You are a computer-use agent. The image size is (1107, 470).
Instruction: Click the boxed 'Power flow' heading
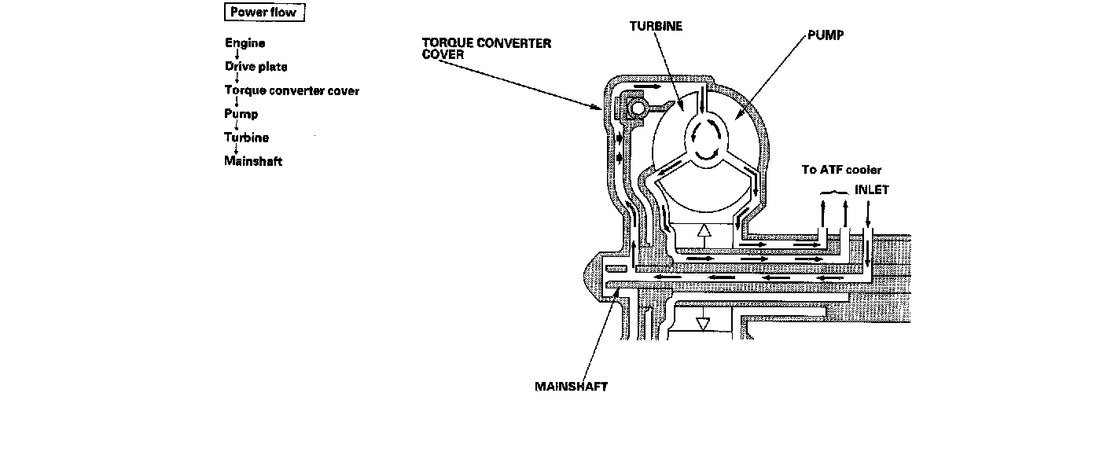click(x=263, y=13)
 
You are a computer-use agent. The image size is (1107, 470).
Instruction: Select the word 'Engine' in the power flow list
click(x=245, y=43)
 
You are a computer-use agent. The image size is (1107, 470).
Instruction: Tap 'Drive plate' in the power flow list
click(x=256, y=67)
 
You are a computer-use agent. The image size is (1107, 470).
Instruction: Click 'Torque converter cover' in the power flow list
click(x=292, y=90)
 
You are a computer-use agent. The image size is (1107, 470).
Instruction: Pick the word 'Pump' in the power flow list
click(x=241, y=114)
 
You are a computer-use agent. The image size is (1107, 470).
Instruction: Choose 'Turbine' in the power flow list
click(x=246, y=138)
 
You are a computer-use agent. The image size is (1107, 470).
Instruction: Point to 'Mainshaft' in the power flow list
click(x=253, y=161)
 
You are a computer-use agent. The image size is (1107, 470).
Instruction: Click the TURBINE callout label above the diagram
click(x=656, y=26)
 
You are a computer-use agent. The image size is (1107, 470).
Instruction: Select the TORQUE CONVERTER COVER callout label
click(x=486, y=48)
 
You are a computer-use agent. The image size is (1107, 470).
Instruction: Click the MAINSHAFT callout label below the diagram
click(x=571, y=387)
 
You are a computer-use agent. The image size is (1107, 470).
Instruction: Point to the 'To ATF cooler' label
click(x=841, y=169)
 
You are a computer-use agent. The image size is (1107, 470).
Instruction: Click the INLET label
click(x=872, y=190)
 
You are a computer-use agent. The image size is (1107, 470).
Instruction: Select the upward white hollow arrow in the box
click(x=704, y=233)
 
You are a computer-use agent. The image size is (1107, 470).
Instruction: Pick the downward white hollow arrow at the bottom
click(x=703, y=323)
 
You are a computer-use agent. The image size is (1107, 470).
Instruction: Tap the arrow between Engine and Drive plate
click(x=237, y=55)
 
